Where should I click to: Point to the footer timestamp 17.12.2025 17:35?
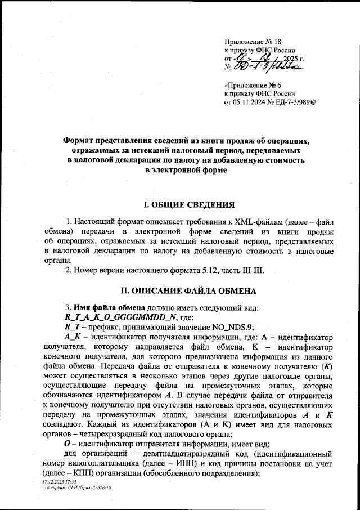(x=60, y=482)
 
